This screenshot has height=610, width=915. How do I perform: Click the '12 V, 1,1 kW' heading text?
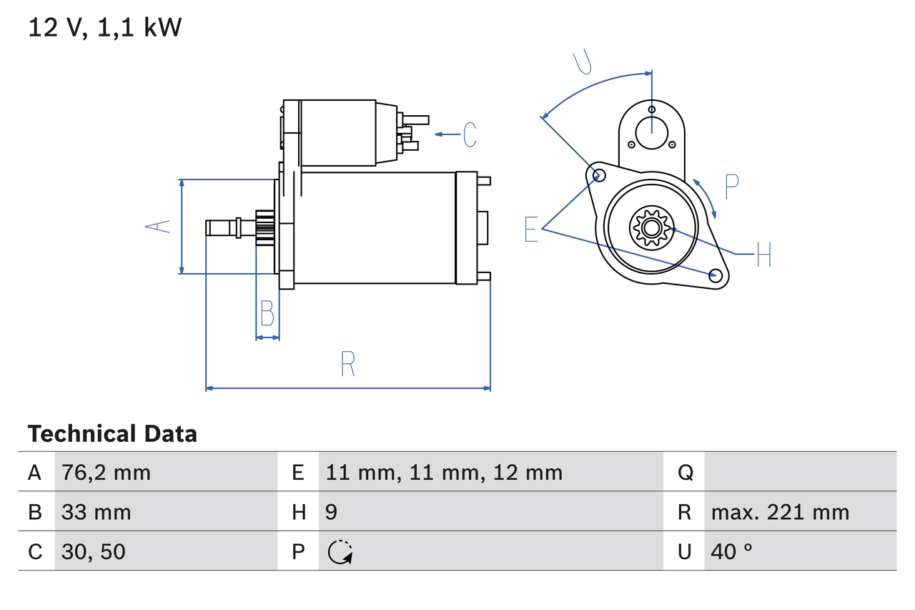105,28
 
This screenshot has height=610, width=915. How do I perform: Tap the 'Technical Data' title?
112,434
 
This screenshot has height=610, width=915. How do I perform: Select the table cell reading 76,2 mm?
106,472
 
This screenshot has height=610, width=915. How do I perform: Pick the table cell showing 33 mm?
97,512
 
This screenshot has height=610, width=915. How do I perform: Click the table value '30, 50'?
94,551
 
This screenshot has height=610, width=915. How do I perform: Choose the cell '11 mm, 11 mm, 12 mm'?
444,472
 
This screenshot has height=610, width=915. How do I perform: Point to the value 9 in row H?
332,512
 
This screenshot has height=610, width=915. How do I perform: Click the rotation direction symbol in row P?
340,552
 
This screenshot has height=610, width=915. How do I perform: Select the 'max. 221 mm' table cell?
780,512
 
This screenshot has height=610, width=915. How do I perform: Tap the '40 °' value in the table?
732,551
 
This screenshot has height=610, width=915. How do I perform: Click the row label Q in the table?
685,472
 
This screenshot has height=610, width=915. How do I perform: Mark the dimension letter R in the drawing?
347,365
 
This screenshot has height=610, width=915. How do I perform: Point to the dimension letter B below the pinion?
267,314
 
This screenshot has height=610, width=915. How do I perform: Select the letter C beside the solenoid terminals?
470,134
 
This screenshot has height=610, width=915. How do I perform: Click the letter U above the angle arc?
583,62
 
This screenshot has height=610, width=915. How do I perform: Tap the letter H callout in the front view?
763,254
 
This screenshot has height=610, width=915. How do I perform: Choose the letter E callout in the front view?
531,229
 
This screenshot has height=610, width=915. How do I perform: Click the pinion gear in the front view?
651,228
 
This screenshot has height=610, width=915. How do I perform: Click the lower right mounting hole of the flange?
714,275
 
